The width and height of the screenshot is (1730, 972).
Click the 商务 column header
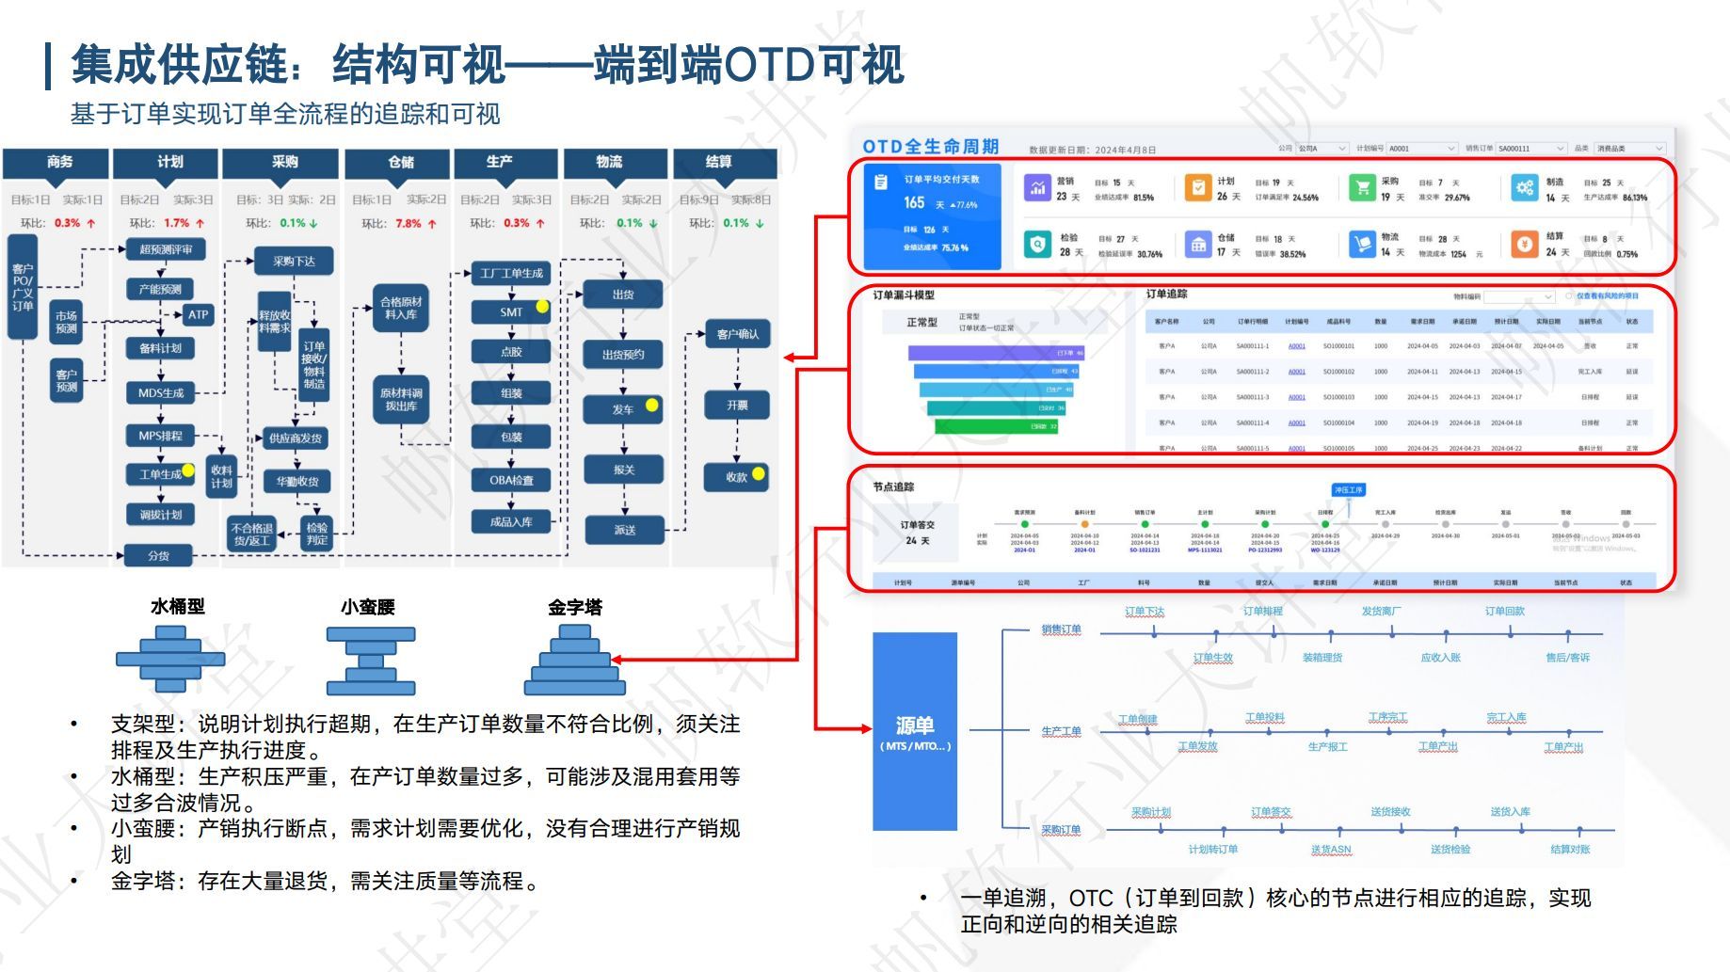point(59,162)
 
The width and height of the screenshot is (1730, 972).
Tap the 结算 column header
point(718,162)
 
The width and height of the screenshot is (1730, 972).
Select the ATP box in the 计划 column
point(197,314)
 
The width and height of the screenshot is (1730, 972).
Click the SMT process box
point(511,311)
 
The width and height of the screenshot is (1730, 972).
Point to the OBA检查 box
point(511,480)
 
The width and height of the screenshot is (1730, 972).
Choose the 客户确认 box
point(737,334)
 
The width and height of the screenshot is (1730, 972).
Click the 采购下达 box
point(294,261)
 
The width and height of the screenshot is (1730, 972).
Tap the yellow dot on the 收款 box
point(759,473)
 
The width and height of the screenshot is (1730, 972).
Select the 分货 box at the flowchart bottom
point(158,555)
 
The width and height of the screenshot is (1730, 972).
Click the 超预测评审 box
point(166,249)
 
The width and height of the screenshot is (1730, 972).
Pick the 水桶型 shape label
point(177,607)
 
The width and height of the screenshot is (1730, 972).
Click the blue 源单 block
point(914,731)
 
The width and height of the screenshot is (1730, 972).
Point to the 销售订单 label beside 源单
point(1061,629)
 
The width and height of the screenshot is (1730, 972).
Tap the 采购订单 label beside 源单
point(1061,830)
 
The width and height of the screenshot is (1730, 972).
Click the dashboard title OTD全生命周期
point(930,147)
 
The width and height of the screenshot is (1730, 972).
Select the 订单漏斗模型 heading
point(903,295)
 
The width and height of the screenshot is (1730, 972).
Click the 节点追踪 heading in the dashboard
point(892,486)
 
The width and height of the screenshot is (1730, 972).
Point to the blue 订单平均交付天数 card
point(934,215)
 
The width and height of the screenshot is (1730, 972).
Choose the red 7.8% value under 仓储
point(408,223)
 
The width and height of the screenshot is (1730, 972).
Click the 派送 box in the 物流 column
point(624,530)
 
